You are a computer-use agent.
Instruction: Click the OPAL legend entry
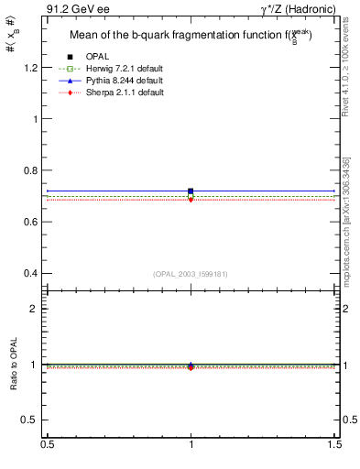[98, 58]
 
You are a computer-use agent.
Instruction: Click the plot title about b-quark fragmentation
[191, 37]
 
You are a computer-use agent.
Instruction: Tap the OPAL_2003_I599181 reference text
[190, 274]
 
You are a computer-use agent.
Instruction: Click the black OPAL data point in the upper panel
[191, 191]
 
